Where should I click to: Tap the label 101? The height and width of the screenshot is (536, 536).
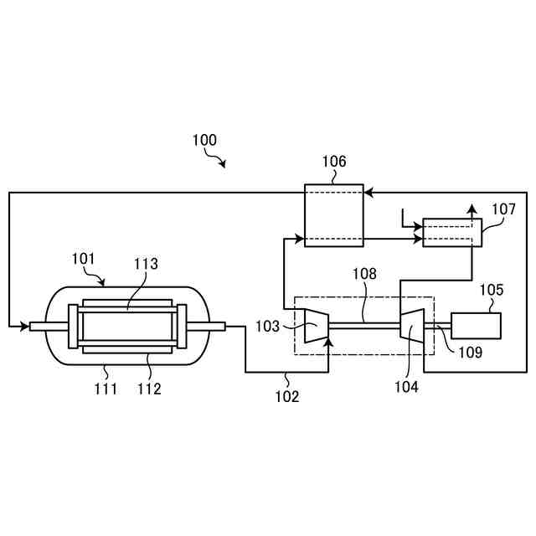(85, 259)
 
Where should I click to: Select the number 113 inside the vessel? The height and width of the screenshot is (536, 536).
(146, 265)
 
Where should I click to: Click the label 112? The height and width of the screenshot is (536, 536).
(148, 388)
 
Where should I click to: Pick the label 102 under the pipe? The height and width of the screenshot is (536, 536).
(286, 397)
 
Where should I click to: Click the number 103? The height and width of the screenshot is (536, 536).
(267, 326)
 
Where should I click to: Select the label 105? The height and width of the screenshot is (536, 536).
(492, 291)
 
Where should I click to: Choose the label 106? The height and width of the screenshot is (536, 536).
(333, 162)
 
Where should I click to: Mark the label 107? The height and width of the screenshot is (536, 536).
(503, 209)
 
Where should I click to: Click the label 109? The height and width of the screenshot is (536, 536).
(471, 353)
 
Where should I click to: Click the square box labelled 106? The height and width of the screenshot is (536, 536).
(333, 215)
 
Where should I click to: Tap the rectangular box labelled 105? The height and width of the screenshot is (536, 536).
(477, 325)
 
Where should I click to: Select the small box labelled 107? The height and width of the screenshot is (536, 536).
(452, 232)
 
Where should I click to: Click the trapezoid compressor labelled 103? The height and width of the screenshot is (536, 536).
(315, 325)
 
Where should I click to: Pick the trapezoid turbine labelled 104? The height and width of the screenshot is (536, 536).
(412, 325)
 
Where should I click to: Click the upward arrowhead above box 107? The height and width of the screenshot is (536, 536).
(472, 209)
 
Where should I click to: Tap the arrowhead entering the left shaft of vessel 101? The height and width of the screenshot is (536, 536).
(24, 326)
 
